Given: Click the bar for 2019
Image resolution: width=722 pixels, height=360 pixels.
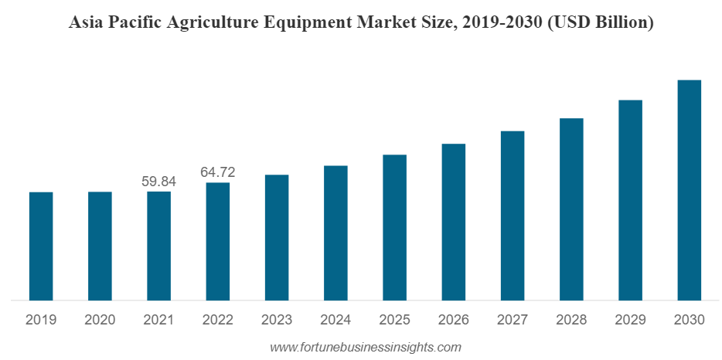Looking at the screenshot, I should point(41,246).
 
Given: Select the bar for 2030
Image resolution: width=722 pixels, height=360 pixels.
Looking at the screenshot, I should point(689,190).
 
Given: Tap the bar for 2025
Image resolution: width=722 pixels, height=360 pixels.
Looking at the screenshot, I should point(394,227).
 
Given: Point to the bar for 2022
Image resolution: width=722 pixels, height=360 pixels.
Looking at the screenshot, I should point(218,241).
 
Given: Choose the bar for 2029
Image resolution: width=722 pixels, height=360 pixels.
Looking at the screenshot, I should point(630,200).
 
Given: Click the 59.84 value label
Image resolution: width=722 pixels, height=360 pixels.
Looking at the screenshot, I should point(158,182).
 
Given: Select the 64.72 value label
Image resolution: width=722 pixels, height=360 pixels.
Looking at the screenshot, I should point(218,172).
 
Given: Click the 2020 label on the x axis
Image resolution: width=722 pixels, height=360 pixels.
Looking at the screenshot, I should point(99,320).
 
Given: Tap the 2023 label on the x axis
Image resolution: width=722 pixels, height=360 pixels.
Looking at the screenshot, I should point(276,320).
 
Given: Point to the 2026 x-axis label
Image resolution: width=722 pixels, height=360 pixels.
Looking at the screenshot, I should point(453,320).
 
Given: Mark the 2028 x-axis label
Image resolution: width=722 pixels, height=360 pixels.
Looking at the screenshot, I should point(571,320).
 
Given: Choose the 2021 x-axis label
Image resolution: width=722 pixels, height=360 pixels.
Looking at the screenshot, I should point(158,320).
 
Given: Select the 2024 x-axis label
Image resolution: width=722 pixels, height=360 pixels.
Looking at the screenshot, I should point(335,320).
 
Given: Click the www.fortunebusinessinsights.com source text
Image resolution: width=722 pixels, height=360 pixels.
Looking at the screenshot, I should point(365,348).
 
